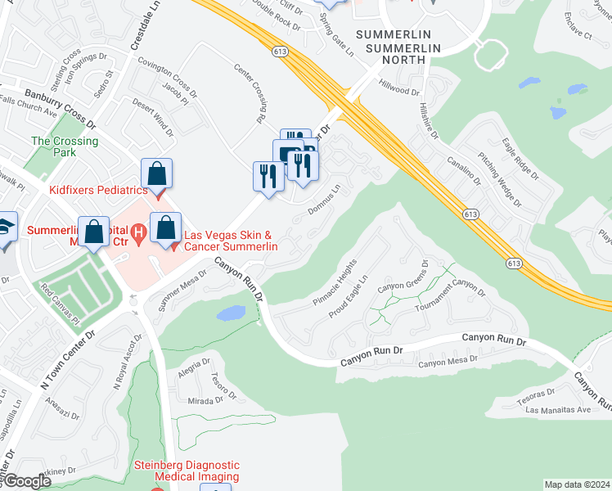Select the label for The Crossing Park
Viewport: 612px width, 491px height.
click(x=65, y=146)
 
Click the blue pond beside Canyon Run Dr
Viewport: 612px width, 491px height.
click(x=232, y=312)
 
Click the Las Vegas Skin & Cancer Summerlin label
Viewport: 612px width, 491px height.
click(x=231, y=241)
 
